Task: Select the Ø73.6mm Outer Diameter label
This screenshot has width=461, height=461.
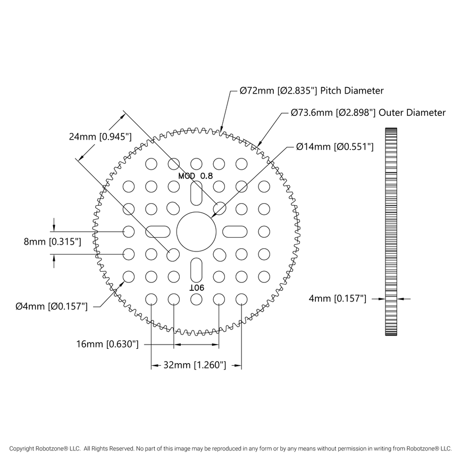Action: (368, 113)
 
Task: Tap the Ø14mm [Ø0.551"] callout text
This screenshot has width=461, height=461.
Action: (335, 146)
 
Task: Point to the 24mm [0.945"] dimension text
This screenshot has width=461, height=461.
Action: (100, 137)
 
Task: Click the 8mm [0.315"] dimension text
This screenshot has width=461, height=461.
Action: (53, 242)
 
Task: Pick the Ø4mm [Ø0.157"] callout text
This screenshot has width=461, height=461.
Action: (51, 306)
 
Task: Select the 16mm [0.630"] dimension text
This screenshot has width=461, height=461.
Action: (107, 345)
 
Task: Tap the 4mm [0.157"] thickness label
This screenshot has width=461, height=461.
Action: (337, 299)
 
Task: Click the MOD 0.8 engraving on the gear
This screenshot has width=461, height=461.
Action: (196, 175)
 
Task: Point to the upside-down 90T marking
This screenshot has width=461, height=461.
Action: (196, 287)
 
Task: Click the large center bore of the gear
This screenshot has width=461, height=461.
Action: (196, 232)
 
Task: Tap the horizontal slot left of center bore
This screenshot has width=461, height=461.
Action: (158, 231)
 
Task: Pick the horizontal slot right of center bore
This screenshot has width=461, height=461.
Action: (234, 231)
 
